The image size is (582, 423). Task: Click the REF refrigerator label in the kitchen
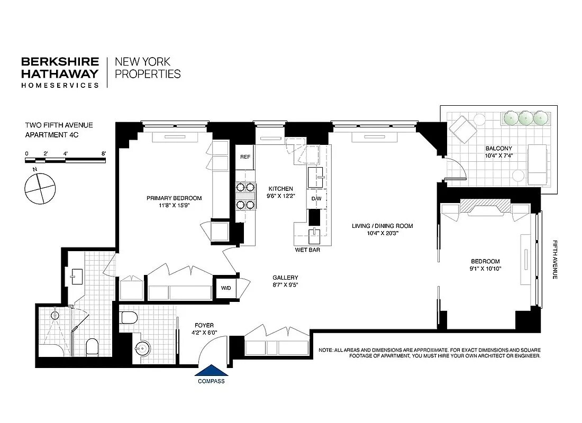(x=245, y=157)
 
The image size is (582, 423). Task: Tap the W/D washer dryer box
(x=226, y=288)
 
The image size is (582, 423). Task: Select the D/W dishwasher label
(x=316, y=199)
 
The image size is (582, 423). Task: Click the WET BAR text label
(x=307, y=250)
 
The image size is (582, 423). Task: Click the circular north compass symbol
(x=40, y=189)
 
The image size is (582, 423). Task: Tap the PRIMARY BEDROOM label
(x=174, y=198)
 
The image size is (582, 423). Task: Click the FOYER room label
(x=204, y=325)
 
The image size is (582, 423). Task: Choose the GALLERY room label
(x=285, y=278)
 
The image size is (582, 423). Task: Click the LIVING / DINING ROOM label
(x=382, y=226)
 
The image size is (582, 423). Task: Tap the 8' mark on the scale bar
(x=104, y=153)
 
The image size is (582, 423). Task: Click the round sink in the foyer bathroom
(x=142, y=348)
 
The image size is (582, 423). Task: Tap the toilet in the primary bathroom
(x=93, y=347)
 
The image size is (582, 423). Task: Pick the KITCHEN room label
(x=280, y=189)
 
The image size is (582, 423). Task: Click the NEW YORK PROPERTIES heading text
(x=148, y=68)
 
